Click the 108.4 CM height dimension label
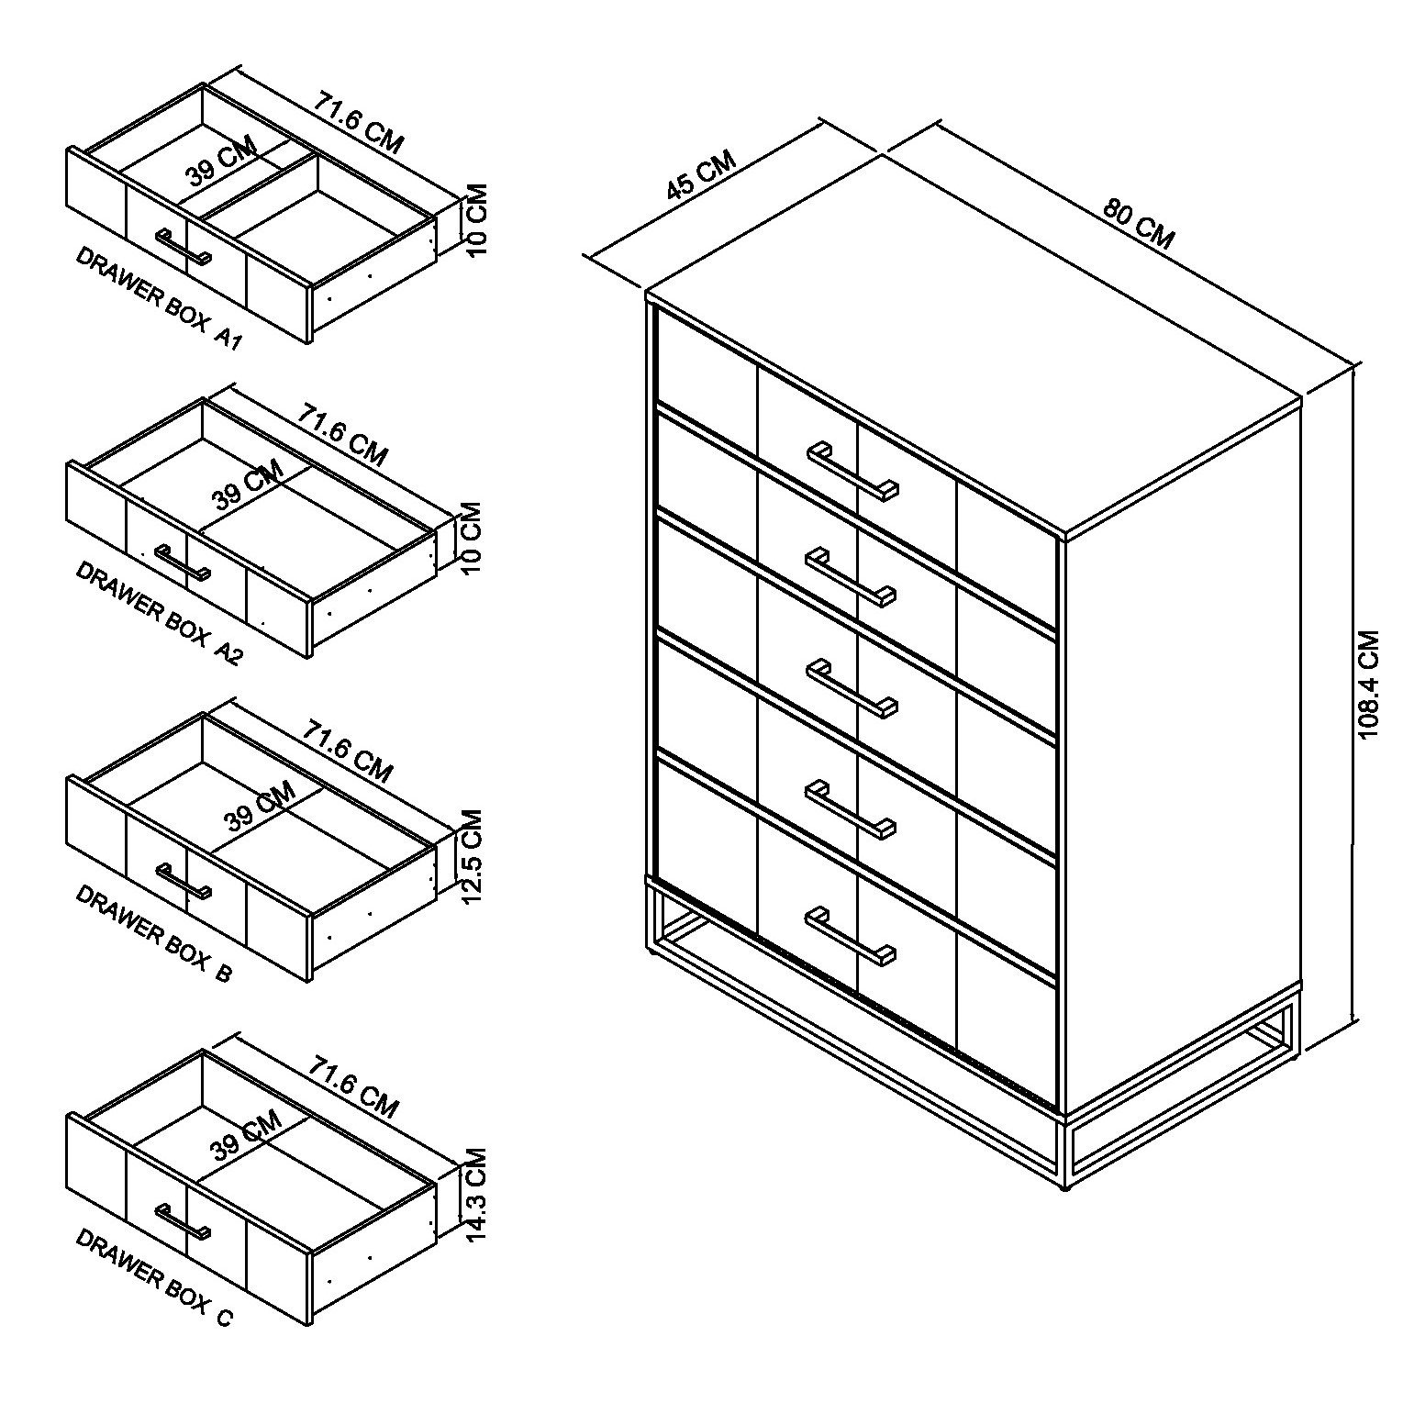[x=1368, y=685]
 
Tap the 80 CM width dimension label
[x=1138, y=223]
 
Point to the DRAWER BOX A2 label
[x=158, y=613]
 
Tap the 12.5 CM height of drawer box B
[x=472, y=857]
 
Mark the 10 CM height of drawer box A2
[x=471, y=538]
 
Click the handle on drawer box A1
[x=184, y=247]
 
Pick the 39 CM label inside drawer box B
[x=259, y=806]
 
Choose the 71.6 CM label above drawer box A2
[x=342, y=435]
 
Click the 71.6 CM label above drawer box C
[x=353, y=1087]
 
